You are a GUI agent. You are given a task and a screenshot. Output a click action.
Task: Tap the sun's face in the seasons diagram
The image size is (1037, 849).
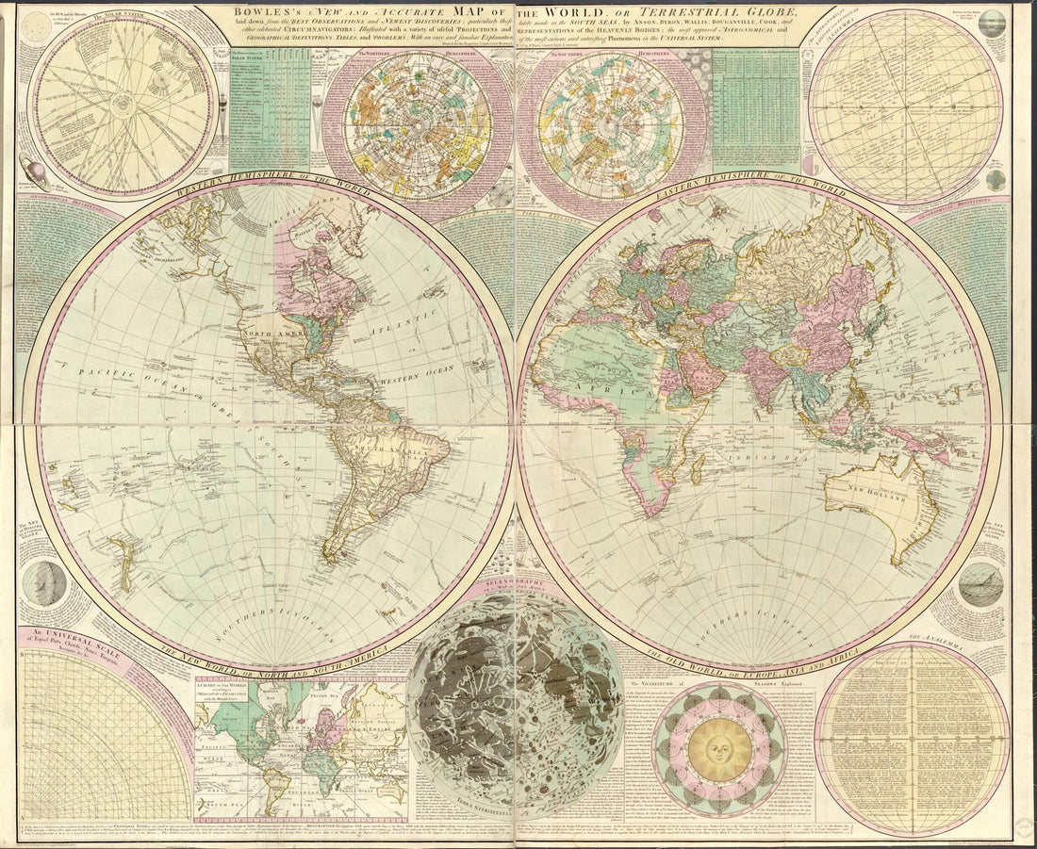pos(719,750)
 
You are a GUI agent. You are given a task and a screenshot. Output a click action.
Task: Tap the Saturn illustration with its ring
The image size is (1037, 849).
pos(32,173)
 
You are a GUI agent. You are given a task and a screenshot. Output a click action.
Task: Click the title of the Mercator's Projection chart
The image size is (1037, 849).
pos(231,689)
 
